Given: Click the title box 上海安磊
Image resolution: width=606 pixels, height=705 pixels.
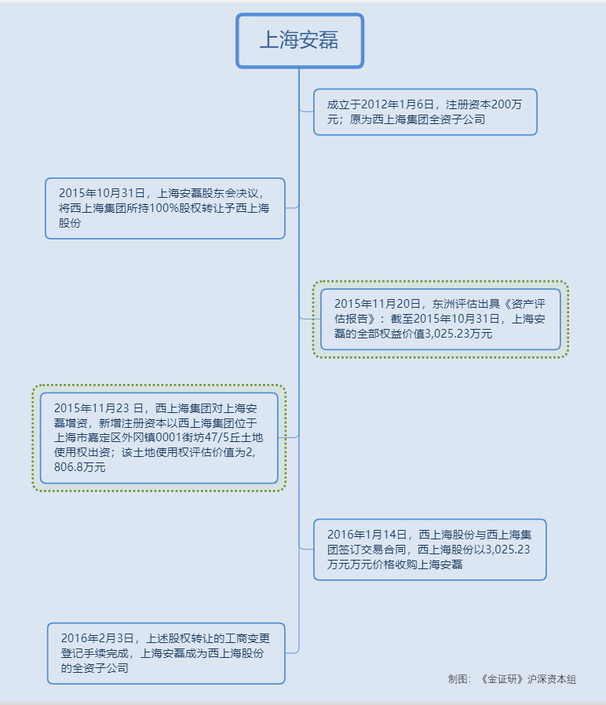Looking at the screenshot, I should point(299,40).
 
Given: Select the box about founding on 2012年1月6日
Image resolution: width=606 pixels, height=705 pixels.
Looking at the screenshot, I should point(425,111).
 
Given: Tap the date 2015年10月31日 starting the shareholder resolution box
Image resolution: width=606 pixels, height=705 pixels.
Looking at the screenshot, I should point(103,192).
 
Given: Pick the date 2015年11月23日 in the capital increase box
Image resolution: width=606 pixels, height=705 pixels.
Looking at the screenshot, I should point(100,408).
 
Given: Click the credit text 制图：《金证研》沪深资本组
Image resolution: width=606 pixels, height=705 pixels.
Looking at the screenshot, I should point(512,679).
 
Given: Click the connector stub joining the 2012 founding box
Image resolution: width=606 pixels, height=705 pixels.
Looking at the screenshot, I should point(307,111).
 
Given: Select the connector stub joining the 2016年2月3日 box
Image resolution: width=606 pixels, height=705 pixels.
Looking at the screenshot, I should point(291,652).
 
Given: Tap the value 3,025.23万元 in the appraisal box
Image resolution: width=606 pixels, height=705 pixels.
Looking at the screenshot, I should point(458,334).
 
